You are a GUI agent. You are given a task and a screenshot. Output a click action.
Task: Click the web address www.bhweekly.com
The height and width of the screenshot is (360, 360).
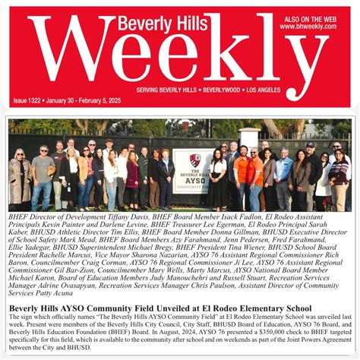(308, 26)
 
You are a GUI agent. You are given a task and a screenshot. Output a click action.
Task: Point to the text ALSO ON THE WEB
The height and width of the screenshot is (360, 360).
(308, 17)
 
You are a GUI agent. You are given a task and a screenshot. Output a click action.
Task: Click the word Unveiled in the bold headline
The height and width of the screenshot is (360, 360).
(179, 308)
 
